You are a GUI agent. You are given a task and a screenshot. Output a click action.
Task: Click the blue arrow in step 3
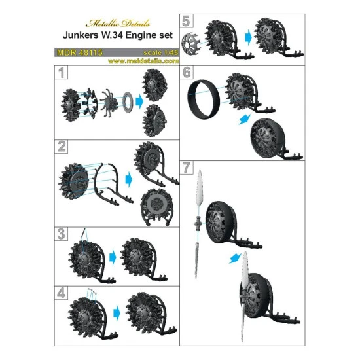(x=112, y=255)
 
